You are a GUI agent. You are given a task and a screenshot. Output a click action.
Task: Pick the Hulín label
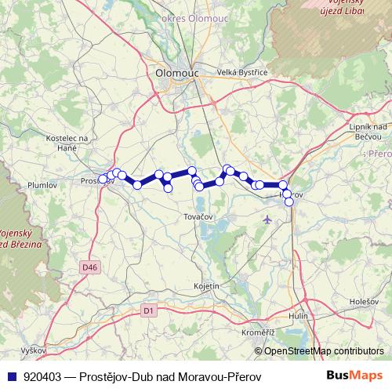[298, 315]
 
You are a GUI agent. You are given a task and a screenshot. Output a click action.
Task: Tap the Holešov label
[365, 300]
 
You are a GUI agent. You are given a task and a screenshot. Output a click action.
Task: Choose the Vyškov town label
[34, 350]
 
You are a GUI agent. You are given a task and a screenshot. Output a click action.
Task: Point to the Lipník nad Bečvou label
[367, 132]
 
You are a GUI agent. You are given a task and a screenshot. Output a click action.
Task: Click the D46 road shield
[90, 267]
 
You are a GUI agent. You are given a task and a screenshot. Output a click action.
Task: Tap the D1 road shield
[148, 310]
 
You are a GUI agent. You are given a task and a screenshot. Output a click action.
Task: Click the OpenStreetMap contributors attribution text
[324, 350]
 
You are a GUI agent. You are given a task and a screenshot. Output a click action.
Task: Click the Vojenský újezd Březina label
[21, 239]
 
